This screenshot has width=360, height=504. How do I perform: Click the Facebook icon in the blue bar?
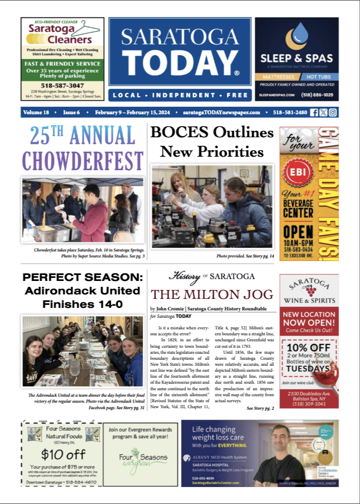(x=314, y=112)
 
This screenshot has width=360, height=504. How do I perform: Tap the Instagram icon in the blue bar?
(x=333, y=112)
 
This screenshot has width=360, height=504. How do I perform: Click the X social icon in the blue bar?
(x=324, y=112)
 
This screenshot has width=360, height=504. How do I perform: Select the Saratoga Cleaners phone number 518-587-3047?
(x=62, y=86)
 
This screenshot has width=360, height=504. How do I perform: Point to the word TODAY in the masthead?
(x=180, y=63)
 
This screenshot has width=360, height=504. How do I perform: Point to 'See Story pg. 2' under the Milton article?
(x=260, y=408)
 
